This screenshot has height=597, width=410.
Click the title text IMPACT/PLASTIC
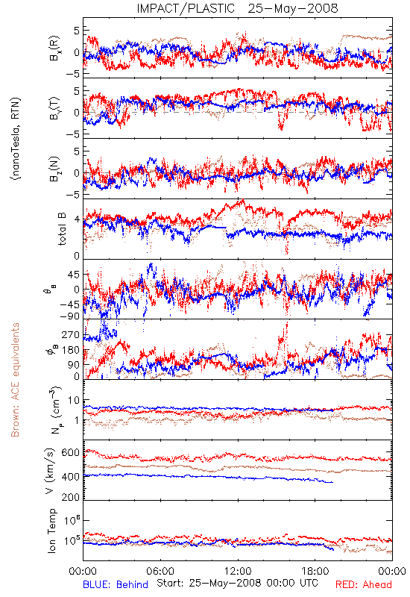pyautogui.click(x=186, y=8)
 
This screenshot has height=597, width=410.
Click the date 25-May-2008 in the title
pyautogui.click(x=293, y=8)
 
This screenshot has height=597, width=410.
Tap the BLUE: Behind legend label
pyautogui.click(x=116, y=584)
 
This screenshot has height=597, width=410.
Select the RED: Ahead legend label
pyautogui.click(x=363, y=584)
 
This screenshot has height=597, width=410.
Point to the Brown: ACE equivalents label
pyautogui.click(x=15, y=380)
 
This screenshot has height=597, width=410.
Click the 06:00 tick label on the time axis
pyautogui.click(x=160, y=571)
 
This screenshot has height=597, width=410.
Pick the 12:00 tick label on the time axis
pyautogui.click(x=238, y=571)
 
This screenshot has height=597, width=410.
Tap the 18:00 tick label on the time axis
pyautogui.click(x=315, y=571)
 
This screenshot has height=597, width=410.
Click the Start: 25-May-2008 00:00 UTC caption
pyautogui.click(x=237, y=583)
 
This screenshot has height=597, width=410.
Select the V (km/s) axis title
pyautogui.click(x=50, y=471)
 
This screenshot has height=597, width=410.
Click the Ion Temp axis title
pyautogui.click(x=51, y=531)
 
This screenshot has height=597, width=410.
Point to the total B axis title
pyautogui.click(x=62, y=229)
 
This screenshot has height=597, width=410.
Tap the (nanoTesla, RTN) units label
pyautogui.click(x=16, y=139)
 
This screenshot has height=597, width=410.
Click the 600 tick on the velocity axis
pyautogui.click(x=71, y=453)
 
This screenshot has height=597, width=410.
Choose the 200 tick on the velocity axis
pyautogui.click(x=71, y=497)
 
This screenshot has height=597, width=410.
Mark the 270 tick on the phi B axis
pyautogui.click(x=71, y=334)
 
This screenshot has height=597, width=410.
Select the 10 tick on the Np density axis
pyautogui.click(x=74, y=401)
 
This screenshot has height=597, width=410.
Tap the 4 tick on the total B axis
pyautogui.click(x=77, y=219)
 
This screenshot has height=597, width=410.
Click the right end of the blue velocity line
pyautogui.click(x=333, y=482)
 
